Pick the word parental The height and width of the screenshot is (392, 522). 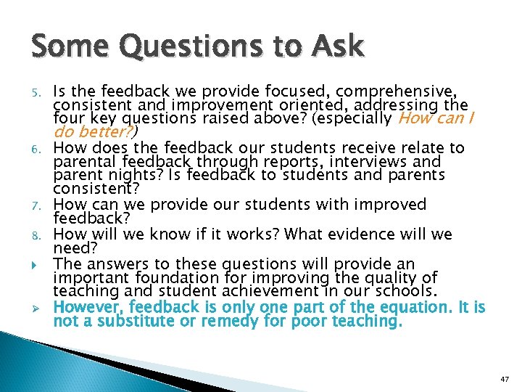(82, 163)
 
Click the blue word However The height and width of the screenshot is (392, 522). (88, 306)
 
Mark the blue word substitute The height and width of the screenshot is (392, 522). (141, 320)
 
